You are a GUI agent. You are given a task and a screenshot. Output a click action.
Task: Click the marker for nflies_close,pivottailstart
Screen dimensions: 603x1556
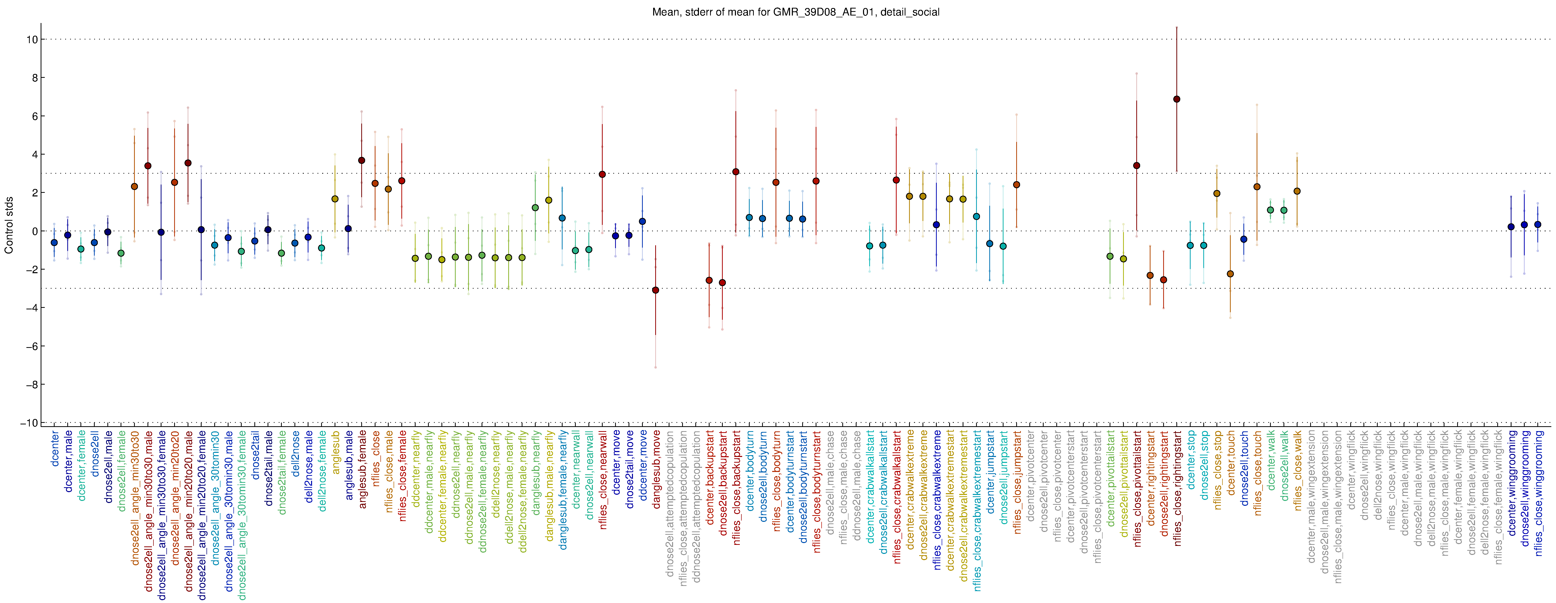[x=1137, y=165]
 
